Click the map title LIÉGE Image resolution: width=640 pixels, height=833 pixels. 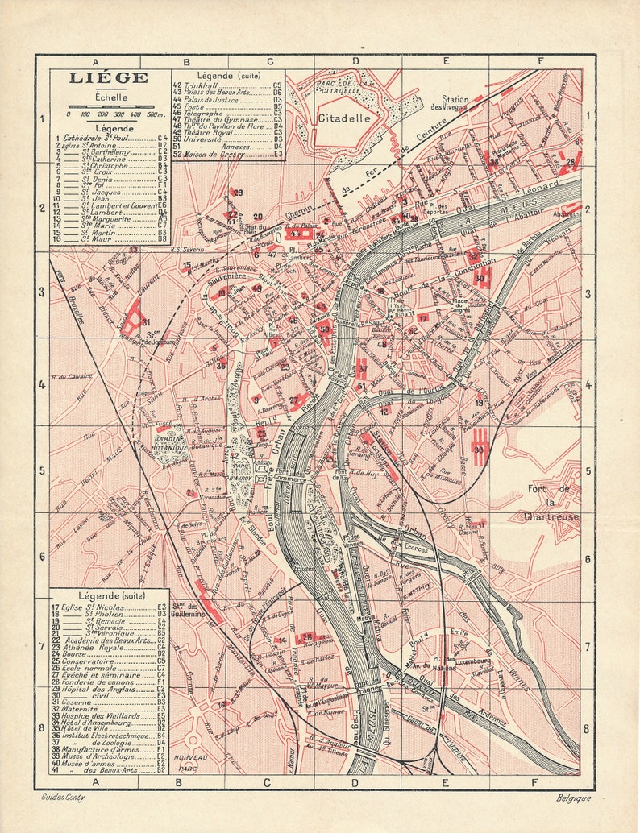(x=108, y=78)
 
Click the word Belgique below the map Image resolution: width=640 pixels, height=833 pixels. (x=572, y=798)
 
